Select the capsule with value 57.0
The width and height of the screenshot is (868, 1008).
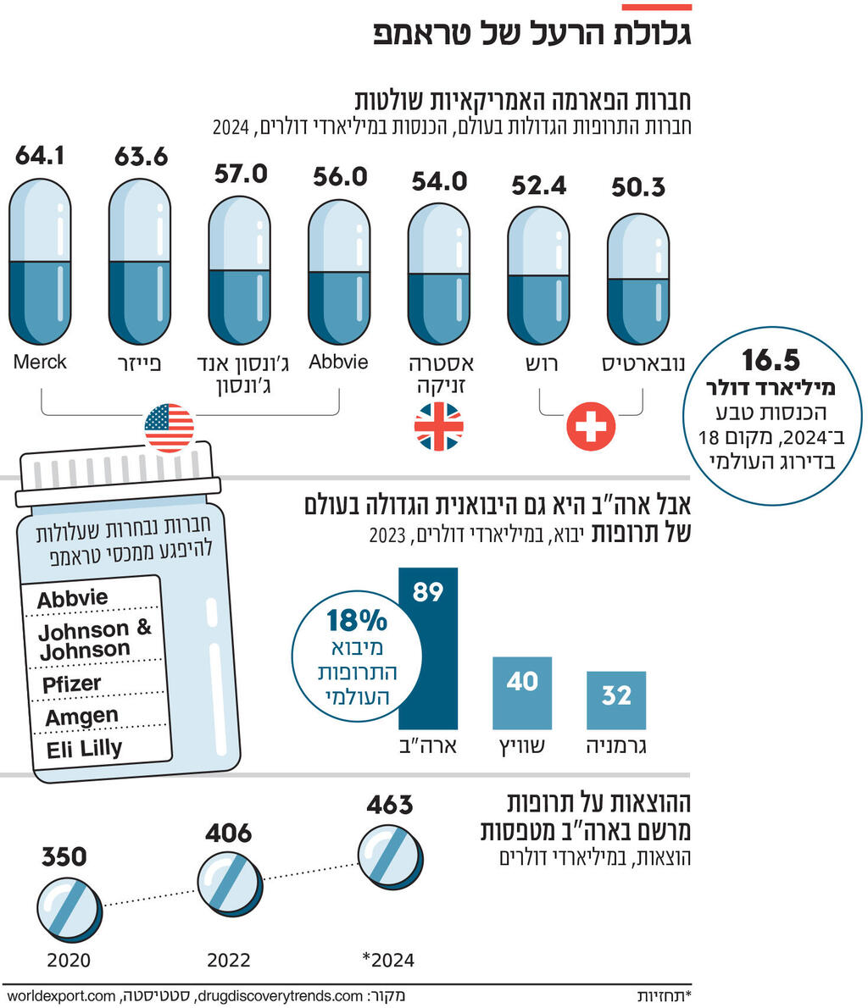tap(239, 269)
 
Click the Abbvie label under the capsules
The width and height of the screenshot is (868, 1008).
tap(339, 362)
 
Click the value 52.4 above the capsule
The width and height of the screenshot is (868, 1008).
tap(538, 186)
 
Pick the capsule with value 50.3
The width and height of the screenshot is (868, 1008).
tap(638, 279)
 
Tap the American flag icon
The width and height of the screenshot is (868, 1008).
tap(170, 428)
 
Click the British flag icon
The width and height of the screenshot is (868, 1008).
tap(438, 426)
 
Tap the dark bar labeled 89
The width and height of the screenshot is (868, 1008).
tap(428, 648)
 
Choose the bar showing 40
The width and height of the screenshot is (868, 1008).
tap(522, 693)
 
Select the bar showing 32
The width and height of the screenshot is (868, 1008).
tap(616, 701)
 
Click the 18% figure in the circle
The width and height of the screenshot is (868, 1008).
tap(357, 621)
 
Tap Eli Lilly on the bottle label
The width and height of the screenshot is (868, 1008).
tap(84, 749)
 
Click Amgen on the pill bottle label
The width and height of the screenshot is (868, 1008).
tap(81, 717)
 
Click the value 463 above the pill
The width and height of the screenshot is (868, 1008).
tap(389, 805)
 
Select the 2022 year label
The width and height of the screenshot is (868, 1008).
tap(229, 960)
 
